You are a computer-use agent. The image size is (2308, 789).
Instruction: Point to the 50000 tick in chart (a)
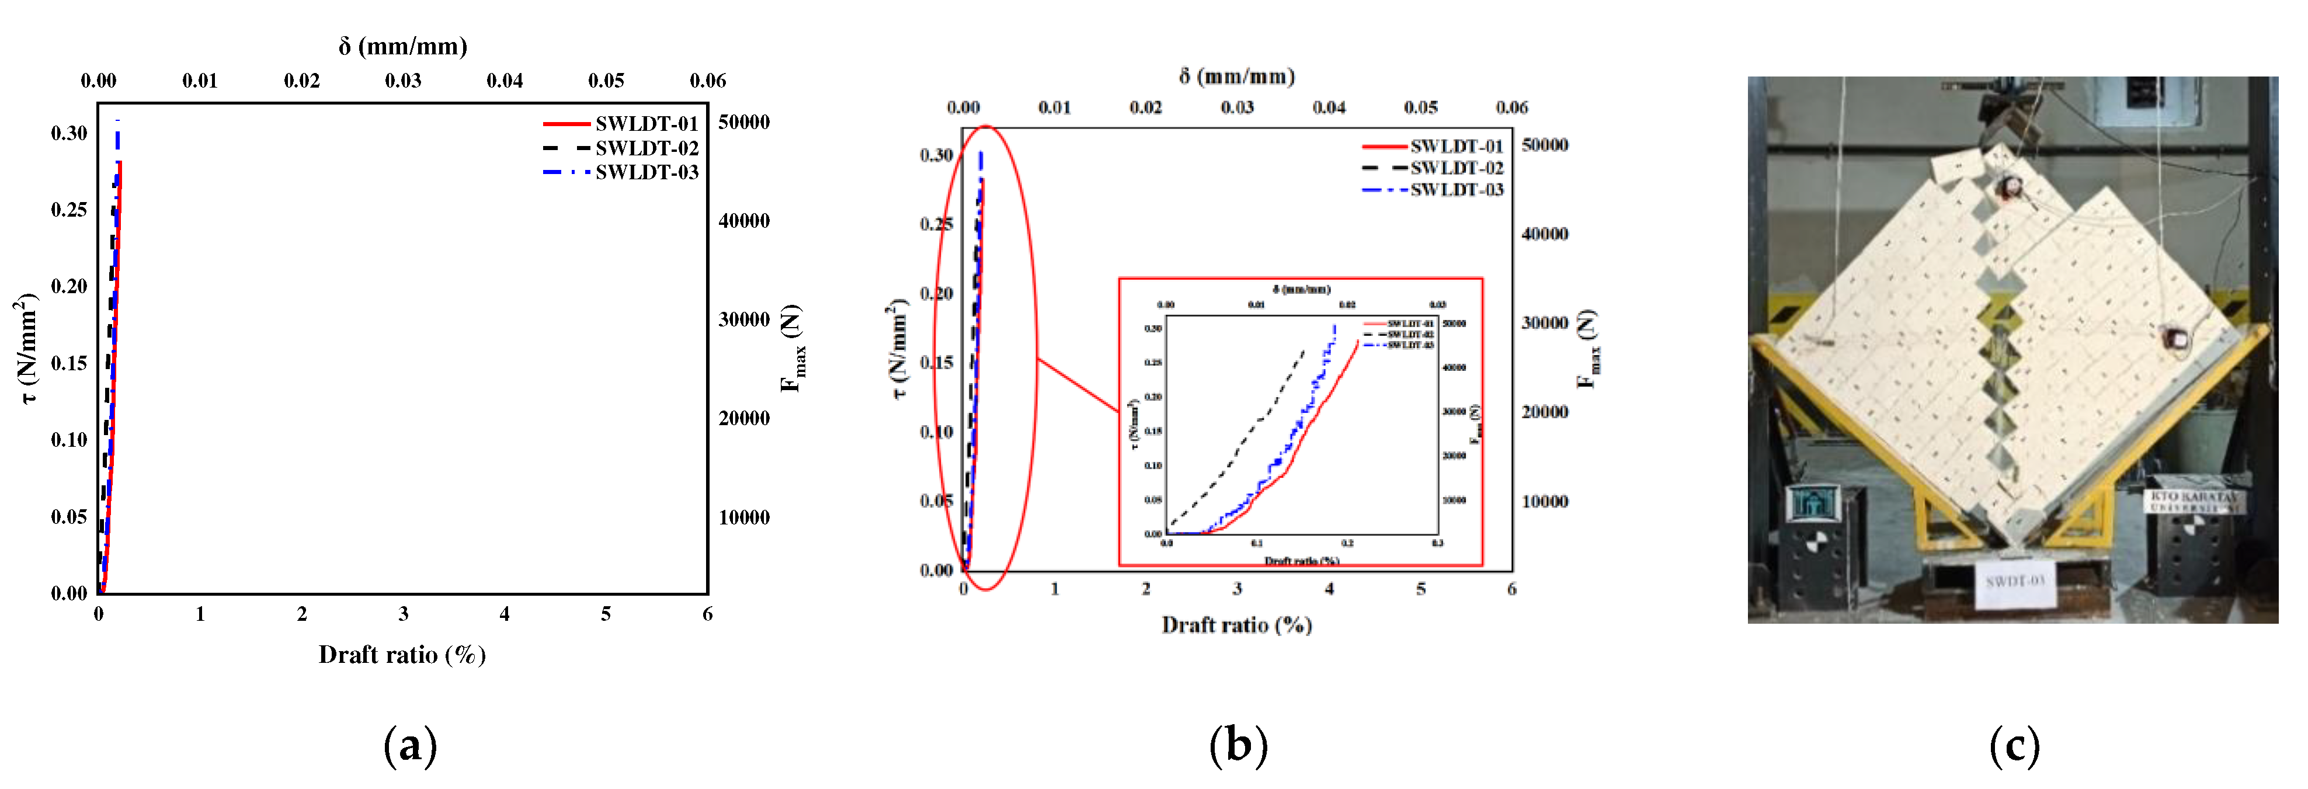pyautogui.click(x=743, y=123)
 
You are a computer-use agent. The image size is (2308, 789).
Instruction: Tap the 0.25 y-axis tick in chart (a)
pyautogui.click(x=69, y=210)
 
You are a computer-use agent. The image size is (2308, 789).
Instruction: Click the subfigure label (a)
pyautogui.click(x=411, y=745)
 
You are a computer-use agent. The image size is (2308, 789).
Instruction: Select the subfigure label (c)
pyautogui.click(x=2014, y=745)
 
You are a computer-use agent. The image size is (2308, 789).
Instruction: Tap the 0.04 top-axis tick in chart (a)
pyautogui.click(x=505, y=81)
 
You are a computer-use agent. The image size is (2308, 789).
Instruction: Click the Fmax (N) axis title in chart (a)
pyautogui.click(x=792, y=349)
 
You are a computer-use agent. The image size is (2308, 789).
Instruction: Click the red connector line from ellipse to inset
pyautogui.click(x=1078, y=385)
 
